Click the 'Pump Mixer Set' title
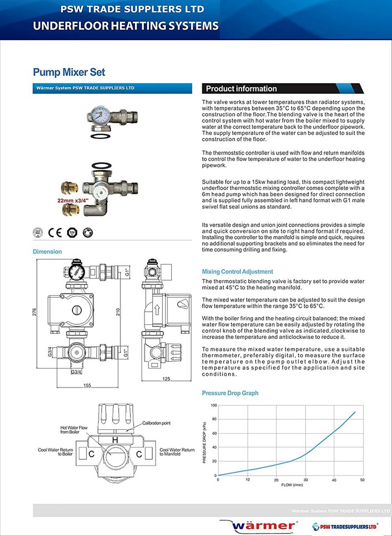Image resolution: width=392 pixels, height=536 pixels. [x=69, y=72]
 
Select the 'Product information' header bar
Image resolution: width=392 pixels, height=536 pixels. [x=241, y=89]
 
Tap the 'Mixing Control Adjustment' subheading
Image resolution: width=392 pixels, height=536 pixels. [x=237, y=271]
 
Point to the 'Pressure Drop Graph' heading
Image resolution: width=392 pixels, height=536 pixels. [x=230, y=393]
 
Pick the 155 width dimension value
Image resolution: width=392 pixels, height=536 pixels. [x=87, y=385]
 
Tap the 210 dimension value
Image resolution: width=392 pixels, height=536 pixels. [x=118, y=312]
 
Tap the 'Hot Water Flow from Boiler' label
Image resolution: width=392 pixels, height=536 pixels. [x=74, y=430]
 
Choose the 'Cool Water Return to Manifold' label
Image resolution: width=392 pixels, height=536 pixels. [x=177, y=452]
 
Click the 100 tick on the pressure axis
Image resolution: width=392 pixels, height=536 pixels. [x=214, y=405]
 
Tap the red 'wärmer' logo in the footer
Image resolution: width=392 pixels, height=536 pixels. [x=264, y=525]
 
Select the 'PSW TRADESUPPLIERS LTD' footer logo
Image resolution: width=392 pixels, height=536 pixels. [x=345, y=525]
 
